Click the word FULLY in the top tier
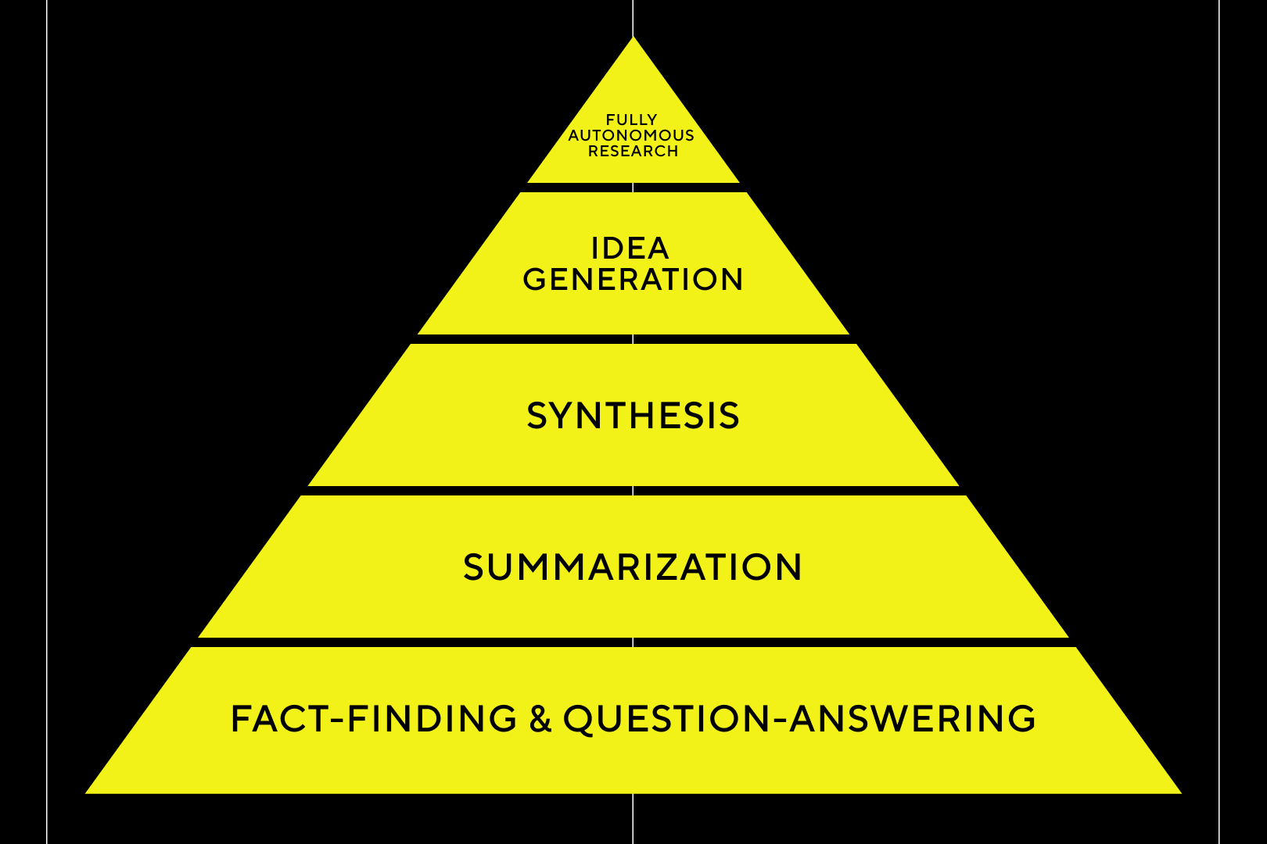click(x=631, y=120)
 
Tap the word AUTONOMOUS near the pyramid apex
click(x=631, y=135)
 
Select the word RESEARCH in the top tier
click(x=633, y=151)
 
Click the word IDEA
click(x=630, y=249)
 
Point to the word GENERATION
click(x=633, y=280)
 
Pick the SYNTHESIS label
click(x=633, y=416)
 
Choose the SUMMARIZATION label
click(x=633, y=567)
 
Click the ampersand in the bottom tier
click(x=540, y=719)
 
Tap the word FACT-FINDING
click(x=374, y=719)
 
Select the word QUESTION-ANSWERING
click(x=799, y=719)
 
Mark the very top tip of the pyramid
click(x=633, y=38)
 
